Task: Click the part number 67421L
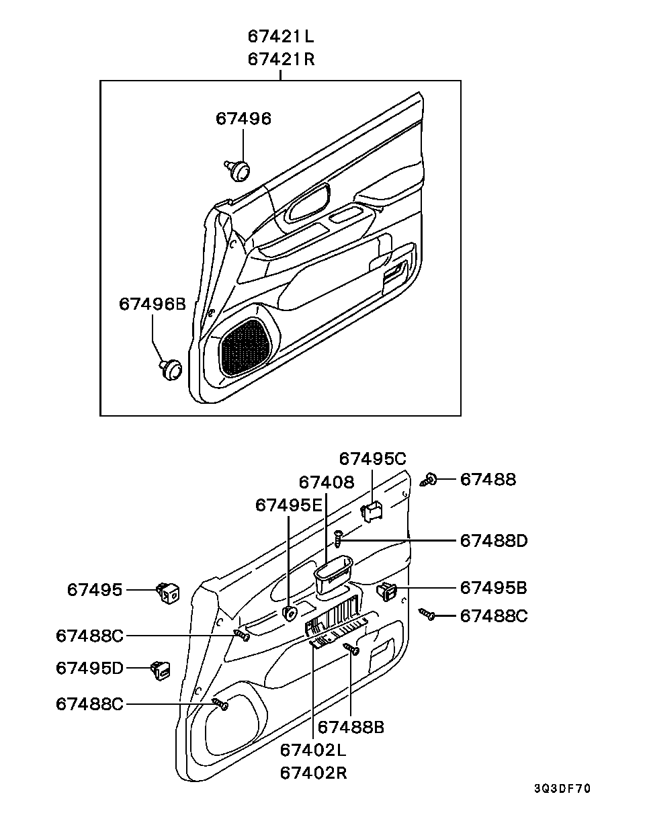[x=281, y=37]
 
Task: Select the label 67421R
[x=281, y=59]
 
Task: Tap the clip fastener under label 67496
[x=237, y=171]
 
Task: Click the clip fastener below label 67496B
[x=171, y=369]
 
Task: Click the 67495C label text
[x=372, y=459]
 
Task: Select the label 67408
[x=327, y=482]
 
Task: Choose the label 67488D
[x=493, y=541]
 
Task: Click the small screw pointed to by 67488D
[x=338, y=538]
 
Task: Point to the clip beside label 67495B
[x=387, y=592]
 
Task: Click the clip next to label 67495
[x=168, y=593]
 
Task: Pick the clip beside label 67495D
[x=161, y=670]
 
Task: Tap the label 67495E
[x=289, y=505]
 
